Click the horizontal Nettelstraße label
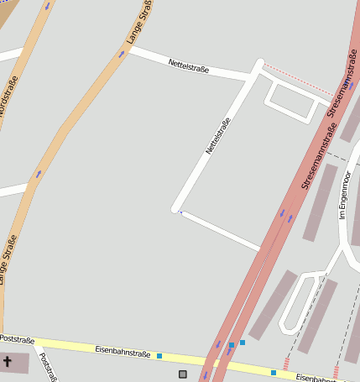[x=188, y=65]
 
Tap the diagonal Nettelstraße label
[x=217, y=135]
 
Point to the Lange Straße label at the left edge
[x=8, y=259]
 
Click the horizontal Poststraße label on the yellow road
[x=17, y=340]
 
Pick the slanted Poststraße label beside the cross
[x=49, y=367]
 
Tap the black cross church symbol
[x=8, y=363]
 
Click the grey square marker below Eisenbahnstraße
[x=183, y=374]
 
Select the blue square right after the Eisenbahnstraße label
[x=159, y=356]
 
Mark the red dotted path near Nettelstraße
[x=298, y=79]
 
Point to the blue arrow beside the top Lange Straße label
[x=122, y=54]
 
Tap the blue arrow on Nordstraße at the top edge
[x=47, y=5]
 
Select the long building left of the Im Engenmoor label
[x=320, y=202]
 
